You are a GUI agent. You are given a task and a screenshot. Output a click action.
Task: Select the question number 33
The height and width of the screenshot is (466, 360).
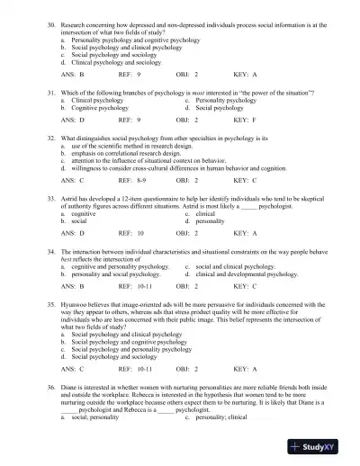[52, 197]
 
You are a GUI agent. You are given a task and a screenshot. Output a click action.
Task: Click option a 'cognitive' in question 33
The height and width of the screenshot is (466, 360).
[84, 214]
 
